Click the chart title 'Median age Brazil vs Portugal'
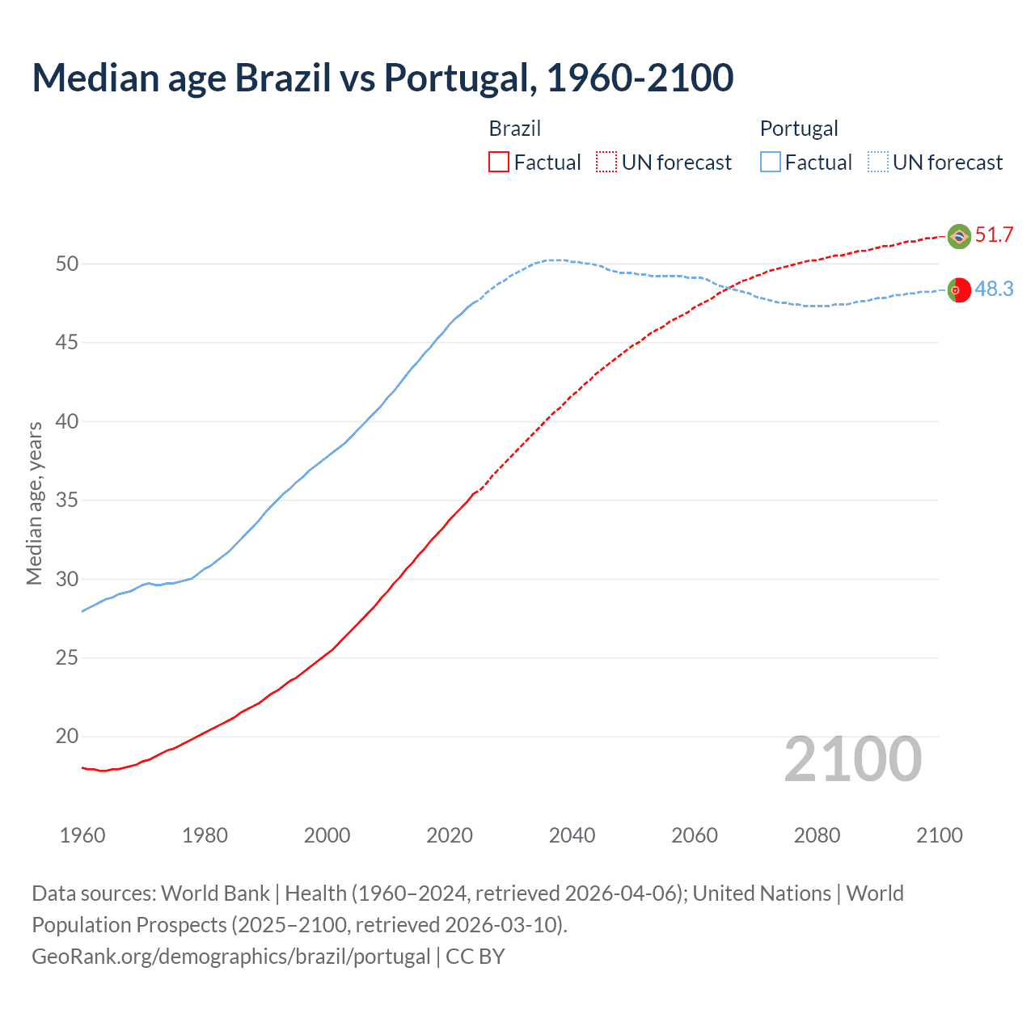click(382, 78)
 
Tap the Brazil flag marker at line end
click(959, 236)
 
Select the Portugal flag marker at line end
click(959, 289)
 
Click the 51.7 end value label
click(994, 235)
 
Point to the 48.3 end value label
click(994, 289)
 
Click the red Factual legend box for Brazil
click(499, 163)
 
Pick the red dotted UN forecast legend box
click(606, 163)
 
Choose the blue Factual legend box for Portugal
click(771, 163)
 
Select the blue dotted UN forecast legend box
click(878, 163)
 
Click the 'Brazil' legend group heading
click(515, 129)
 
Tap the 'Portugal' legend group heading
click(799, 129)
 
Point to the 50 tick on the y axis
click(67, 264)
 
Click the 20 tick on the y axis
click(67, 737)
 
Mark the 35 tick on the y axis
click(67, 501)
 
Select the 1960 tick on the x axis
click(82, 835)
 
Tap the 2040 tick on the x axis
click(572, 835)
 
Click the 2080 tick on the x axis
click(817, 835)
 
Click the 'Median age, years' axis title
click(35, 503)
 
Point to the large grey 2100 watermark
click(853, 759)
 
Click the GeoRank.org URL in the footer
click(231, 957)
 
